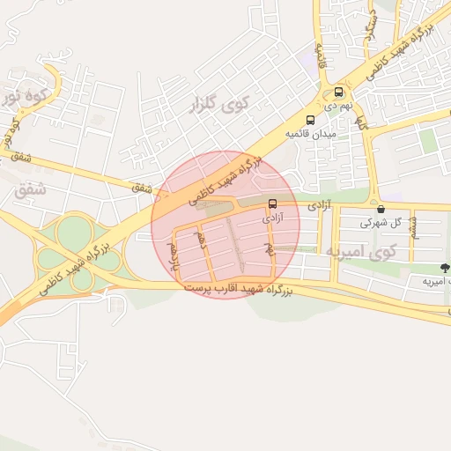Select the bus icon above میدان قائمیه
pyautogui.click(x=310, y=120)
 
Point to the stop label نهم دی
pyautogui.click(x=339, y=105)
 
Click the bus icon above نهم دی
pyautogui.click(x=339, y=92)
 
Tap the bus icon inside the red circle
pyautogui.click(x=271, y=203)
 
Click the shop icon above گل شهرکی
pyautogui.click(x=381, y=210)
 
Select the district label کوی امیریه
pyautogui.click(x=362, y=251)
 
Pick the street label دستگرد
pyautogui.click(x=372, y=18)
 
